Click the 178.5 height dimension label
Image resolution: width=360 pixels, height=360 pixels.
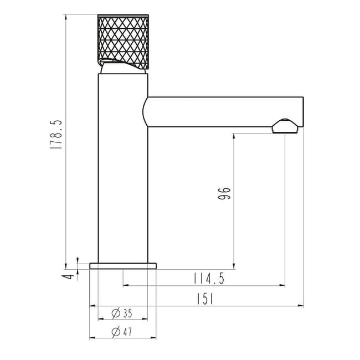coord(56,135)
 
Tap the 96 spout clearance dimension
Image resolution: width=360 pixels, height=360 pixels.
coord(224,193)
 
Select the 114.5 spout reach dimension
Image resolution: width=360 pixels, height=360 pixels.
coord(209,279)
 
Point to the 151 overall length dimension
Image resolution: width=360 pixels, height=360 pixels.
coord(205,299)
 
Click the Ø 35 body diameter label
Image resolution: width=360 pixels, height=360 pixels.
coord(122,313)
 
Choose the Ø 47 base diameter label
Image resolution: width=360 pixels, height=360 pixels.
coord(122,332)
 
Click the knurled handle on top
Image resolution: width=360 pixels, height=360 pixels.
coord(124,42)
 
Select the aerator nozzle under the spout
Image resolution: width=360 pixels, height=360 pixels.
coord(285,126)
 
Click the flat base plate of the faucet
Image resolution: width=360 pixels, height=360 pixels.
coord(123,266)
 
